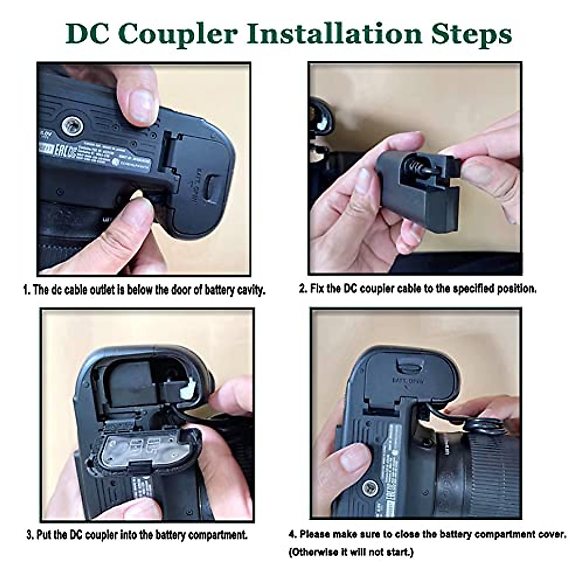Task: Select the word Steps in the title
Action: [x=472, y=34]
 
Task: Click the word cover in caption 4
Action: [x=553, y=534]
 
